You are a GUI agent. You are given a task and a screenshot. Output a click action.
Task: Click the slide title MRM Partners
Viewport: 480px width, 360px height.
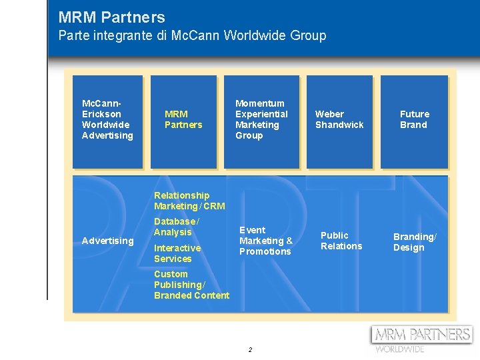pos(111,17)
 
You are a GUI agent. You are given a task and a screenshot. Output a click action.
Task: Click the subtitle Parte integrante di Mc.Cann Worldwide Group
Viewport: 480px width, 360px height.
pos(192,35)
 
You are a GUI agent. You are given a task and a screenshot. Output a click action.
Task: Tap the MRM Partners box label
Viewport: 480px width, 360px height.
pos(183,119)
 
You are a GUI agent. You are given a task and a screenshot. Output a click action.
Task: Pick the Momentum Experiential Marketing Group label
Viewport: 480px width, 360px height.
pos(261,119)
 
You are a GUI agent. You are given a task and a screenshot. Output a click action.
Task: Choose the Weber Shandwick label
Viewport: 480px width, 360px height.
pos(339,119)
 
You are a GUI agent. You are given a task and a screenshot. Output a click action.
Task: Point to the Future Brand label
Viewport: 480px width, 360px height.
pos(414,119)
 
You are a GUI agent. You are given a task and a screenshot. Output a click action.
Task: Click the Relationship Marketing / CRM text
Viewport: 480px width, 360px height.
pos(189,201)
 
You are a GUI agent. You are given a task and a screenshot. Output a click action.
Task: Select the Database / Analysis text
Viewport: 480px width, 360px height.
pos(176,227)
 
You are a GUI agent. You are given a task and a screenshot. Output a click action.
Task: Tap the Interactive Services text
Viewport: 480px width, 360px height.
pos(177,253)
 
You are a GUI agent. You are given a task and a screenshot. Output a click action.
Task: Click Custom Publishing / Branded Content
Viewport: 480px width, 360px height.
pos(191,285)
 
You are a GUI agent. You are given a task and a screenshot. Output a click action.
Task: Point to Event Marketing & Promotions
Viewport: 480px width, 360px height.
pos(265,241)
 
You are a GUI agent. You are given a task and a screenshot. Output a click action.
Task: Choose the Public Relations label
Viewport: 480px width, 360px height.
pos(341,241)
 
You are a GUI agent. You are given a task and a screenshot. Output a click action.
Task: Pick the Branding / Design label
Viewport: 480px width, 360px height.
pos(415,242)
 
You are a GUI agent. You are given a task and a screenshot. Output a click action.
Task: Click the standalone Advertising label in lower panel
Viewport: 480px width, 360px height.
pos(107,241)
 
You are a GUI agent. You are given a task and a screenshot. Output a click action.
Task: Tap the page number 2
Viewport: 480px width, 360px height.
pos(250,350)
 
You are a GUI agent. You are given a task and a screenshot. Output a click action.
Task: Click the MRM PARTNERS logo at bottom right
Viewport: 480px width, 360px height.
pos(422,334)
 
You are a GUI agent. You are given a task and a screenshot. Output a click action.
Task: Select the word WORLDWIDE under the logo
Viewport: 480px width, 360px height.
pos(399,349)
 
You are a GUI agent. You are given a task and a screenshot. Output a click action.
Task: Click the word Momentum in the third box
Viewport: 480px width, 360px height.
pos(260,103)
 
